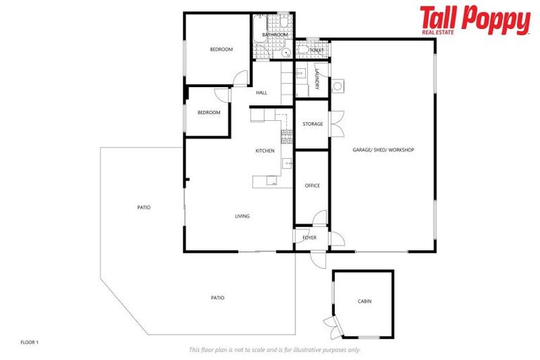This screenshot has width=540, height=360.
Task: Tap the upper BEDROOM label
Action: point(221,49)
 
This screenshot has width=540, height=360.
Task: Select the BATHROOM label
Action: point(274,34)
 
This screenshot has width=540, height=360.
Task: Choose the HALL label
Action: point(262,93)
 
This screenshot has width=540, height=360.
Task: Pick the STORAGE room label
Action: point(312,124)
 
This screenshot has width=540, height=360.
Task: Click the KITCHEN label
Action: point(264,151)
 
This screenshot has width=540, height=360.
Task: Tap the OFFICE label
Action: point(312,186)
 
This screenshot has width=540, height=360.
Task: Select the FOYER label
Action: point(309,238)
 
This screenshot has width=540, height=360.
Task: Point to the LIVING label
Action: point(242,216)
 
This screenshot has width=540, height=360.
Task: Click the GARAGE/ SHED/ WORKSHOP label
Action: point(383,150)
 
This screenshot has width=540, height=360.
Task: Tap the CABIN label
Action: point(364,302)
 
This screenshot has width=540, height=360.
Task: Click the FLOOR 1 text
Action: point(30,342)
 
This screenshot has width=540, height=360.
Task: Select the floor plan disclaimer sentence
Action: point(274,349)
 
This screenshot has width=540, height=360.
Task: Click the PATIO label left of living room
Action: point(143,207)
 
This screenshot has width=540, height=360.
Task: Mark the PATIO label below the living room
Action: point(218,298)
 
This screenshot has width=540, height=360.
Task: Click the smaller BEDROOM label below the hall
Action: point(209,112)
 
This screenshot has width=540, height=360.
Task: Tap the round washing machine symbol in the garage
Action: point(338,86)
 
